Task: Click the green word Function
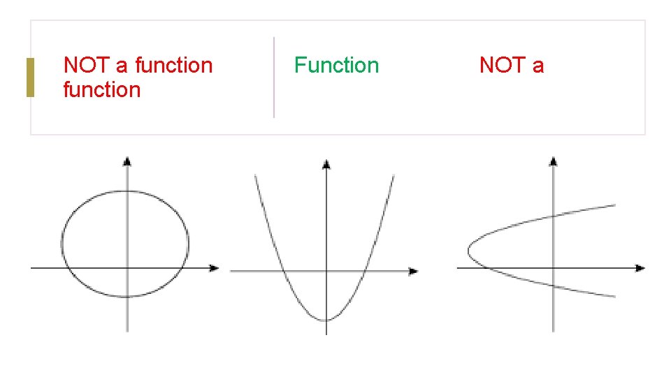pos(336,66)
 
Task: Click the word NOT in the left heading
pos(86,66)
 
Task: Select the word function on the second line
pos(102,90)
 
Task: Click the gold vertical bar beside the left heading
pos(30,77)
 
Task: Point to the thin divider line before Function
pos(273,77)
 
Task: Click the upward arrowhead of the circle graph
pos(127,161)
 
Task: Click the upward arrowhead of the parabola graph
pos(326,164)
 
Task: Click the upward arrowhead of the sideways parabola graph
pos(554,161)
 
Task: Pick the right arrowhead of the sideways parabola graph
pos(640,267)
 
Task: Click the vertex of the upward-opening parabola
pos(326,320)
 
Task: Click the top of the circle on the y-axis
pos(127,191)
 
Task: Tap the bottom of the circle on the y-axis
pos(127,297)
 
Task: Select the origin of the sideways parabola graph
pos(554,267)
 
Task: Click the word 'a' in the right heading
pos(537,66)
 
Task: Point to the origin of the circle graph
pos(127,267)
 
